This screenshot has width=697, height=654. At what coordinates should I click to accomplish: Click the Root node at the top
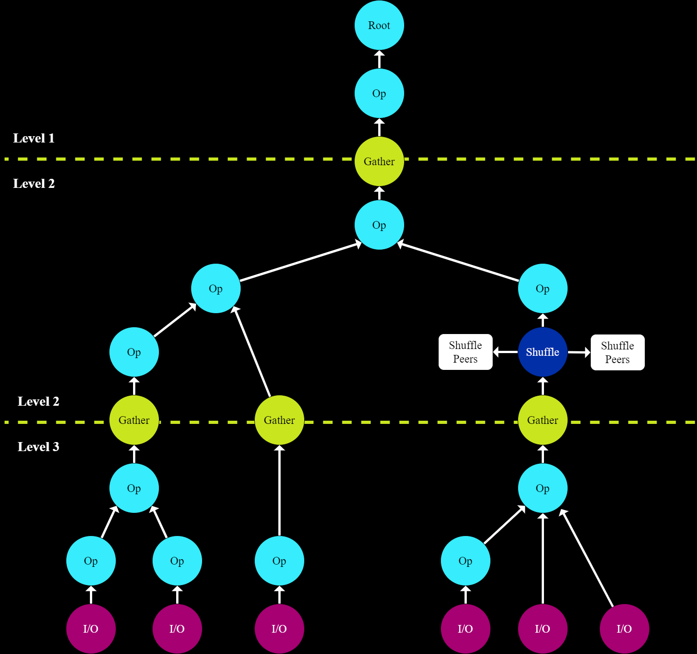pos(379,25)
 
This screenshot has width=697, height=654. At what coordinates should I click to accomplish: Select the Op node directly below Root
pos(379,93)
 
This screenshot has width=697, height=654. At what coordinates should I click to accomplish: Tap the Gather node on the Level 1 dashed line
pos(379,162)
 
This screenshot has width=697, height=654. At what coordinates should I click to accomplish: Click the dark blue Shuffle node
pos(543,352)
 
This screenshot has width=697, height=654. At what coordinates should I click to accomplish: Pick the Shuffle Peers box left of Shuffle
pos(465,352)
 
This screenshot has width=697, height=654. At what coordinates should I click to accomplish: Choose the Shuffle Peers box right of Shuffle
pos(618,353)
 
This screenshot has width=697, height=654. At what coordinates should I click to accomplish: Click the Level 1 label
pos(34,138)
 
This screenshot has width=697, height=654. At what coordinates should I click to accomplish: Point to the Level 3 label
pos(39,447)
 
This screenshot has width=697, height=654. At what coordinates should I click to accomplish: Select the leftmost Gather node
pos(134,420)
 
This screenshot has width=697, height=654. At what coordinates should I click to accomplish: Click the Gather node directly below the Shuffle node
pos(543,420)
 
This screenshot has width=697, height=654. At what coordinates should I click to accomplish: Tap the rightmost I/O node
pos(624,629)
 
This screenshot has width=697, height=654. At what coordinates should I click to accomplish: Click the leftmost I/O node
pos(91,629)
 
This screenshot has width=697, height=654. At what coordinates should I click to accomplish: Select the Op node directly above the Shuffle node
pos(543,289)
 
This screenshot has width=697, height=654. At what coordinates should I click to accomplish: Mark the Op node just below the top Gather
pos(379,225)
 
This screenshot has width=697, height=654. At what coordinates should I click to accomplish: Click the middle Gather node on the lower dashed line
pos(279,420)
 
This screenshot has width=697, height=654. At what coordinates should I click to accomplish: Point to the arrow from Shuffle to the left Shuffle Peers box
pos(505,352)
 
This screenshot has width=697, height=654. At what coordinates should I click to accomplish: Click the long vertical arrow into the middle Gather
pos(279,490)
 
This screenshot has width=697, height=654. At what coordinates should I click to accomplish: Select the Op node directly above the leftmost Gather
pos(134,352)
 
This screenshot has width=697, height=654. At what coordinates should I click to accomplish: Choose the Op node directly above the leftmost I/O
pos(91,561)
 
